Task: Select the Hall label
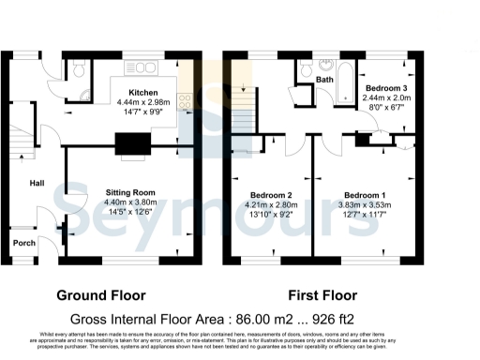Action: [x=37, y=183]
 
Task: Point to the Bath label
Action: [x=324, y=80]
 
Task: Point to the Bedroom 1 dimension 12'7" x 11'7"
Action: [x=365, y=215]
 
